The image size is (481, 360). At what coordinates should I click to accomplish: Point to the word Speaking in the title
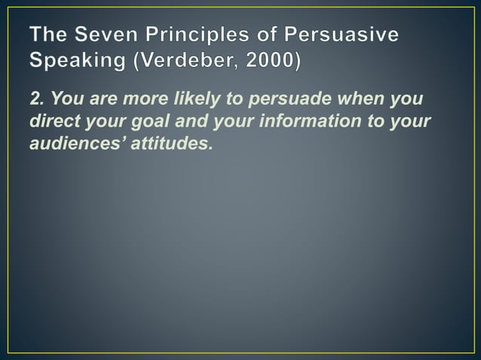(x=76, y=60)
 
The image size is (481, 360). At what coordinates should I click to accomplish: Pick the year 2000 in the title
(x=268, y=60)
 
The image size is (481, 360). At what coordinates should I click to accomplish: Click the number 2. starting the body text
(x=38, y=100)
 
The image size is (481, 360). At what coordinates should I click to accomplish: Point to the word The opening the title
(x=47, y=35)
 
